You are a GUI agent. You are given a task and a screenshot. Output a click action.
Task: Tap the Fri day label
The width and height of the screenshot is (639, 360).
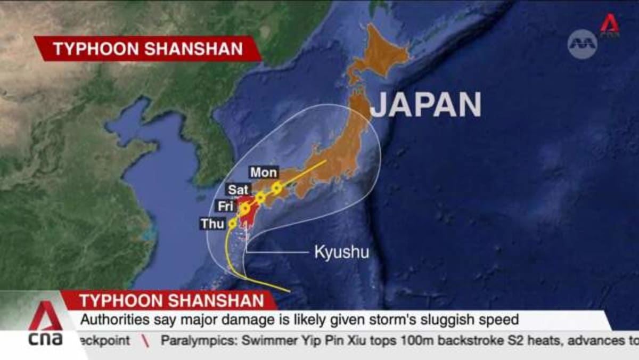click(225, 206)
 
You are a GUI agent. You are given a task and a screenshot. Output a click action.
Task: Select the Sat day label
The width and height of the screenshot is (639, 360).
click(239, 190)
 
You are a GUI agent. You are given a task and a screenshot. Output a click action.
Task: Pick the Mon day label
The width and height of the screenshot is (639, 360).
click(264, 173)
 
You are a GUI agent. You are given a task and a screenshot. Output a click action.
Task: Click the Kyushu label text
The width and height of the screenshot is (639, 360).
click(341, 252)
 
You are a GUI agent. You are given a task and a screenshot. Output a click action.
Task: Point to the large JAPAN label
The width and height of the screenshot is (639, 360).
click(425, 105)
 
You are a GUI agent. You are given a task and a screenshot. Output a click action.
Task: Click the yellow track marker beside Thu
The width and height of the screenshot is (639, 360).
click(233, 224)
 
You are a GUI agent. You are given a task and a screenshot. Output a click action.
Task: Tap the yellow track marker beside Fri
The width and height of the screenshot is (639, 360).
click(244, 208)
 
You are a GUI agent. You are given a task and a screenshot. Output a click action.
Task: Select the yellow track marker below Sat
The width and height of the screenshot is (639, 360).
click(260, 198)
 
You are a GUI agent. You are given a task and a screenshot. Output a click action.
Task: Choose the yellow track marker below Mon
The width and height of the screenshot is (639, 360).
click(276, 187)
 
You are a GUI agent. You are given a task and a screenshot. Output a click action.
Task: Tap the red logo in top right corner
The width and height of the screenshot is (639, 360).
click(610, 25)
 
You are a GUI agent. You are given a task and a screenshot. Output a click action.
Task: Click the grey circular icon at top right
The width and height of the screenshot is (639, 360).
click(582, 44)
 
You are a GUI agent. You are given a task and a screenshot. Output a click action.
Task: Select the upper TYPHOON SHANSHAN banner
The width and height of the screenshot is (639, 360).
click(148, 49)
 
